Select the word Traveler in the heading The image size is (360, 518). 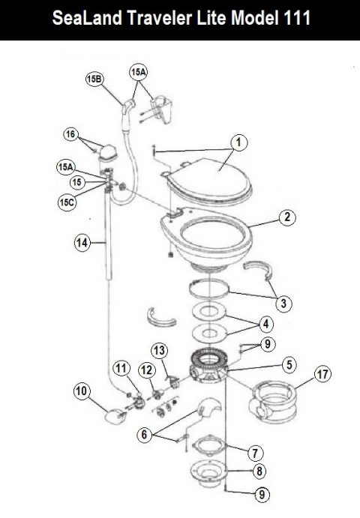(x=152, y=19)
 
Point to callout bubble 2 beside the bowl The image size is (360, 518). (x=286, y=217)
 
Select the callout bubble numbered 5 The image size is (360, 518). (x=288, y=367)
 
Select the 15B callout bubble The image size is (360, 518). (x=94, y=79)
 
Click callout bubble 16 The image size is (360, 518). (x=71, y=134)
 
